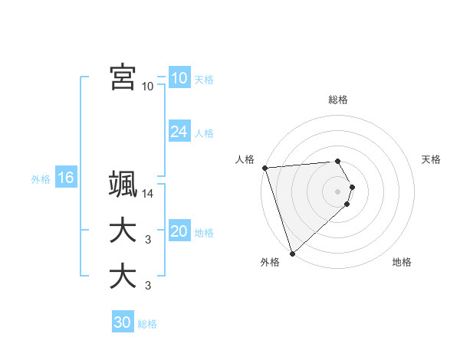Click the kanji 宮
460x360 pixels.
[123, 77]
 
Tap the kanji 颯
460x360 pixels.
[123, 185]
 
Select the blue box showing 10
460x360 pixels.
[179, 78]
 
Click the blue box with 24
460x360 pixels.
[179, 132]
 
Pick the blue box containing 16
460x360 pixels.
[66, 178]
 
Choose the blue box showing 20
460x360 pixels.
[179, 231]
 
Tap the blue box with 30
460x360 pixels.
[123, 322]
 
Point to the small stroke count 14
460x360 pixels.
[148, 194]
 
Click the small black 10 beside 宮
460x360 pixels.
[148, 86]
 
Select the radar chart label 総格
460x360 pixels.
[338, 100]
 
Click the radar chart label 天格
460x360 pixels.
[432, 159]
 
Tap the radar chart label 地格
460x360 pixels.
[402, 262]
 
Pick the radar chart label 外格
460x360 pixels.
[270, 262]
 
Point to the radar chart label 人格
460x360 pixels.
[245, 159]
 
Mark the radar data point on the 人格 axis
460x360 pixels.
[264, 168]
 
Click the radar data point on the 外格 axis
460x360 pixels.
[292, 252]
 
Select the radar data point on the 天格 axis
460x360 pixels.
[352, 187]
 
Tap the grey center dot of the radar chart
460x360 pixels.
[338, 191]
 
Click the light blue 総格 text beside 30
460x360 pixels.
[147, 324]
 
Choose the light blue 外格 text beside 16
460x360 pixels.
[41, 179]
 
